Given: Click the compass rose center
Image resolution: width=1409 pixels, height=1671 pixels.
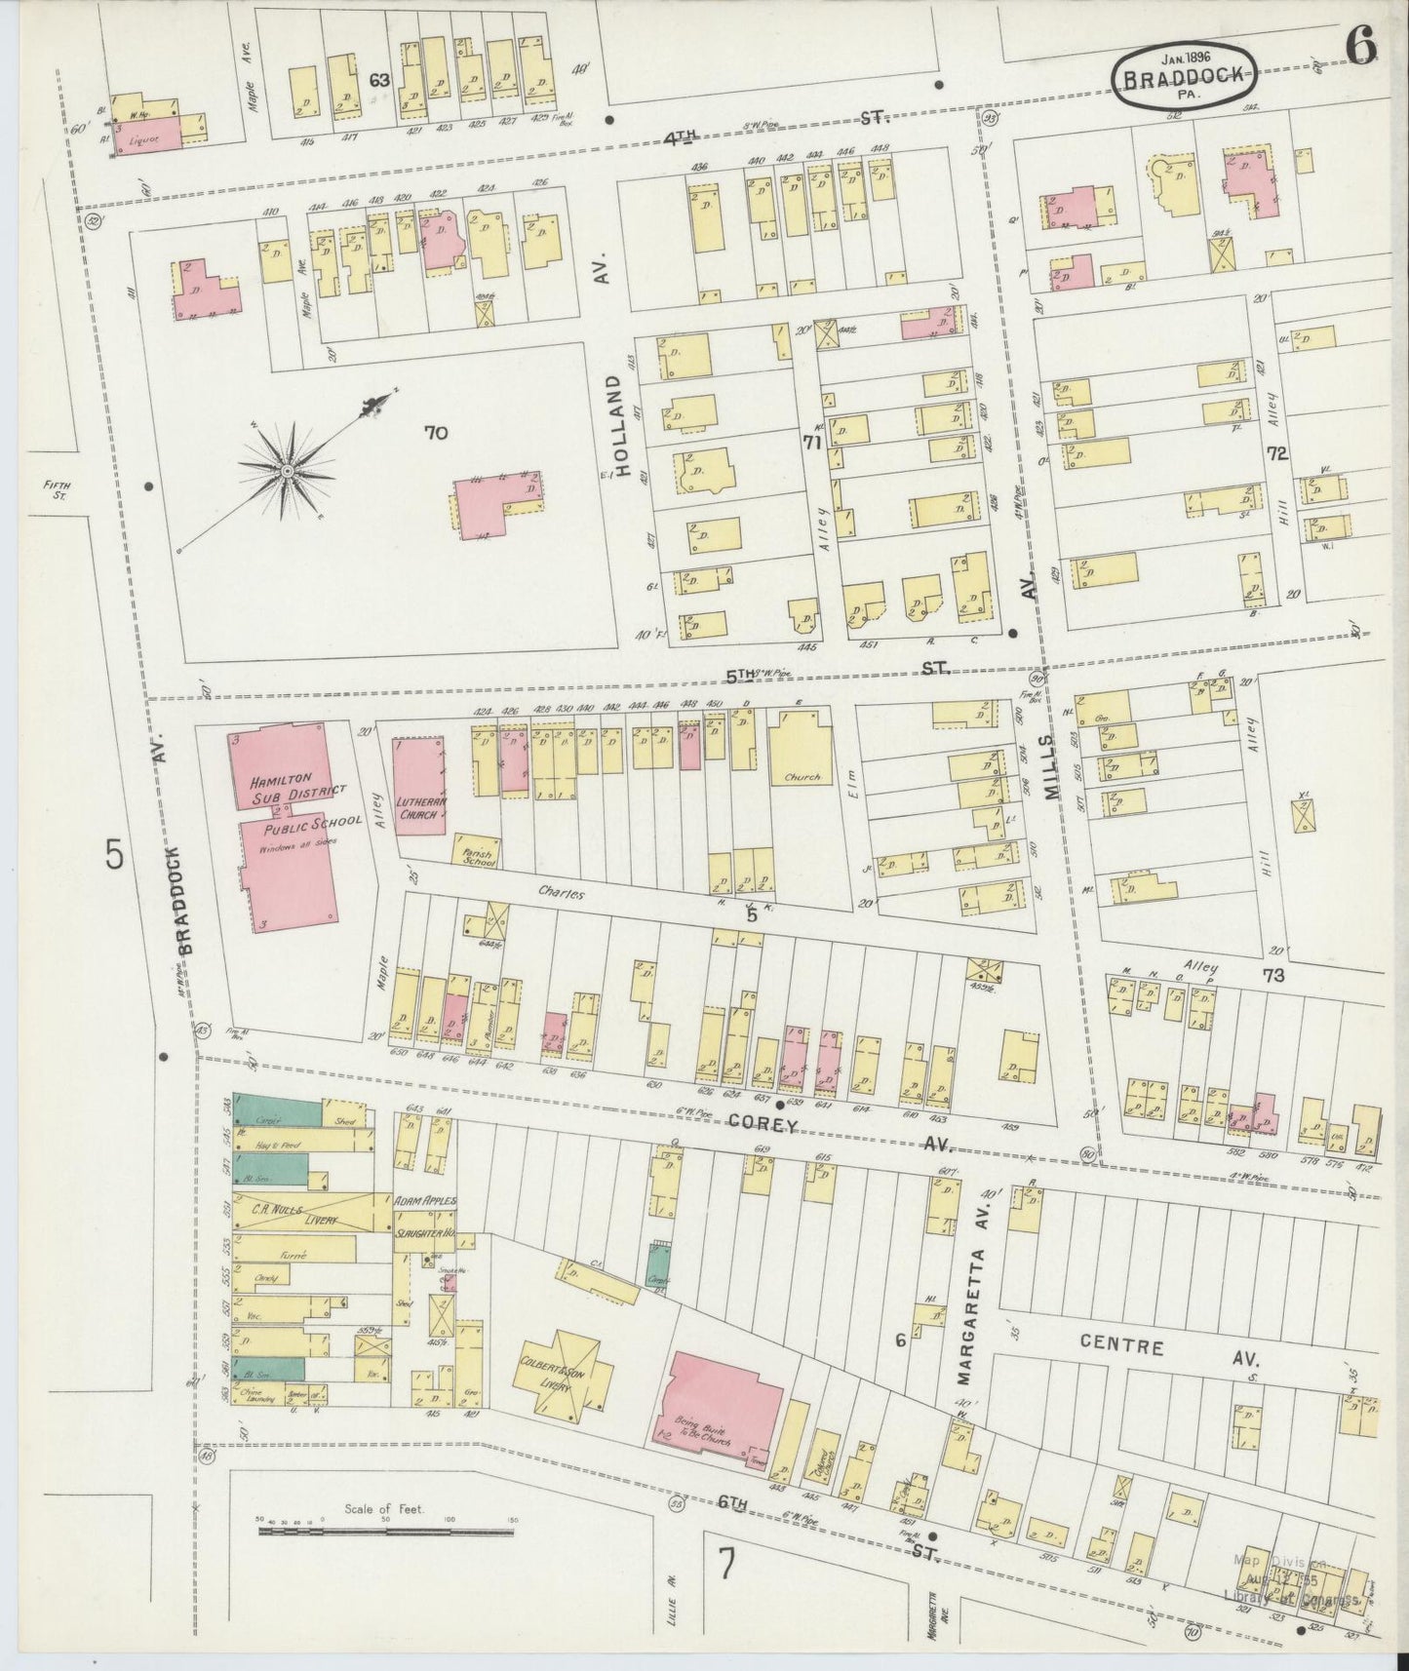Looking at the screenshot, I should [x=287, y=472].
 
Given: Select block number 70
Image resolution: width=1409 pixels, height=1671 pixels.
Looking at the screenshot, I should [x=435, y=432].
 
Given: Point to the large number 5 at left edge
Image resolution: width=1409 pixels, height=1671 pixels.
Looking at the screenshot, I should [x=115, y=855].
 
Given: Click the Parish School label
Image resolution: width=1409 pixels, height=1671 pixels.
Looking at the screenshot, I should [x=477, y=854].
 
